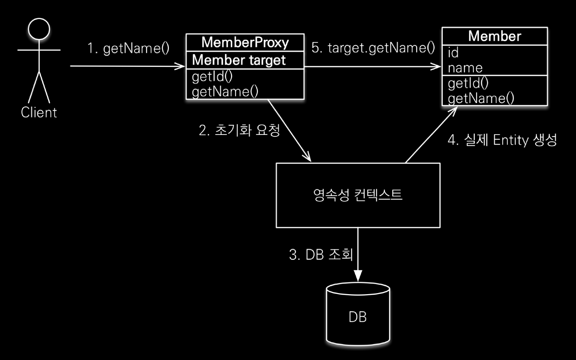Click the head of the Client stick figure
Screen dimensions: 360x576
click(39, 29)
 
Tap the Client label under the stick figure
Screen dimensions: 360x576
click(39, 113)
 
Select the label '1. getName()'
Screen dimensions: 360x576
click(128, 48)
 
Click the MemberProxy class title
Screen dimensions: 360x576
click(245, 43)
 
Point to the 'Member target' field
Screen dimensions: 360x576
click(239, 60)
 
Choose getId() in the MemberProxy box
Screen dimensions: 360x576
click(212, 76)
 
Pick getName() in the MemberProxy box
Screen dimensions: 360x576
click(225, 92)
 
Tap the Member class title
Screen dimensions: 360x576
click(494, 36)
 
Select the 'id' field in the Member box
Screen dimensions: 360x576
click(453, 53)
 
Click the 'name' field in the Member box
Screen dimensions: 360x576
click(465, 68)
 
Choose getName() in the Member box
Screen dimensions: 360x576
click(481, 98)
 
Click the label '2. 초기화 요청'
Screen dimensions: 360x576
click(239, 130)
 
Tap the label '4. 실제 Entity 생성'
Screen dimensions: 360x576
click(502, 140)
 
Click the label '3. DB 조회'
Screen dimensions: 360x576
click(321, 255)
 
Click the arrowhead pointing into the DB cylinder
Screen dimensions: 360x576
click(358, 276)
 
